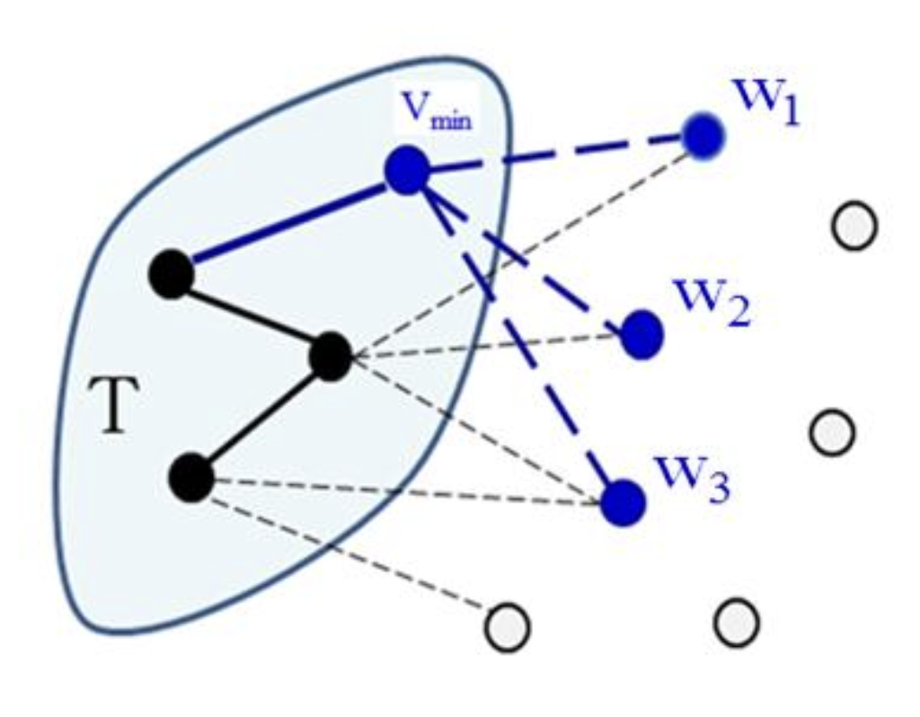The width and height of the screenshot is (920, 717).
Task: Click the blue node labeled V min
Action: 407,170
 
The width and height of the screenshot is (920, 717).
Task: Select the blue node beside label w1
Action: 702,137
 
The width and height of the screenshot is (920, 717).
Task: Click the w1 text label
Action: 769,101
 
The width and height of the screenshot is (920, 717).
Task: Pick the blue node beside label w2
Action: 641,335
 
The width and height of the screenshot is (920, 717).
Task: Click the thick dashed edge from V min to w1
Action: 557,152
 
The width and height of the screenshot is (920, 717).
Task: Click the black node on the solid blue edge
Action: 171,273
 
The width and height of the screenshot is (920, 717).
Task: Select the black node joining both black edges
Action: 331,357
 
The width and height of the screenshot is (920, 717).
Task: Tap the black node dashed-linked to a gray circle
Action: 192,477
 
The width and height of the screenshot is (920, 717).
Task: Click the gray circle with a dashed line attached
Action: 508,626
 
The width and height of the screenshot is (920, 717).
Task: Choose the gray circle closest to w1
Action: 854,226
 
